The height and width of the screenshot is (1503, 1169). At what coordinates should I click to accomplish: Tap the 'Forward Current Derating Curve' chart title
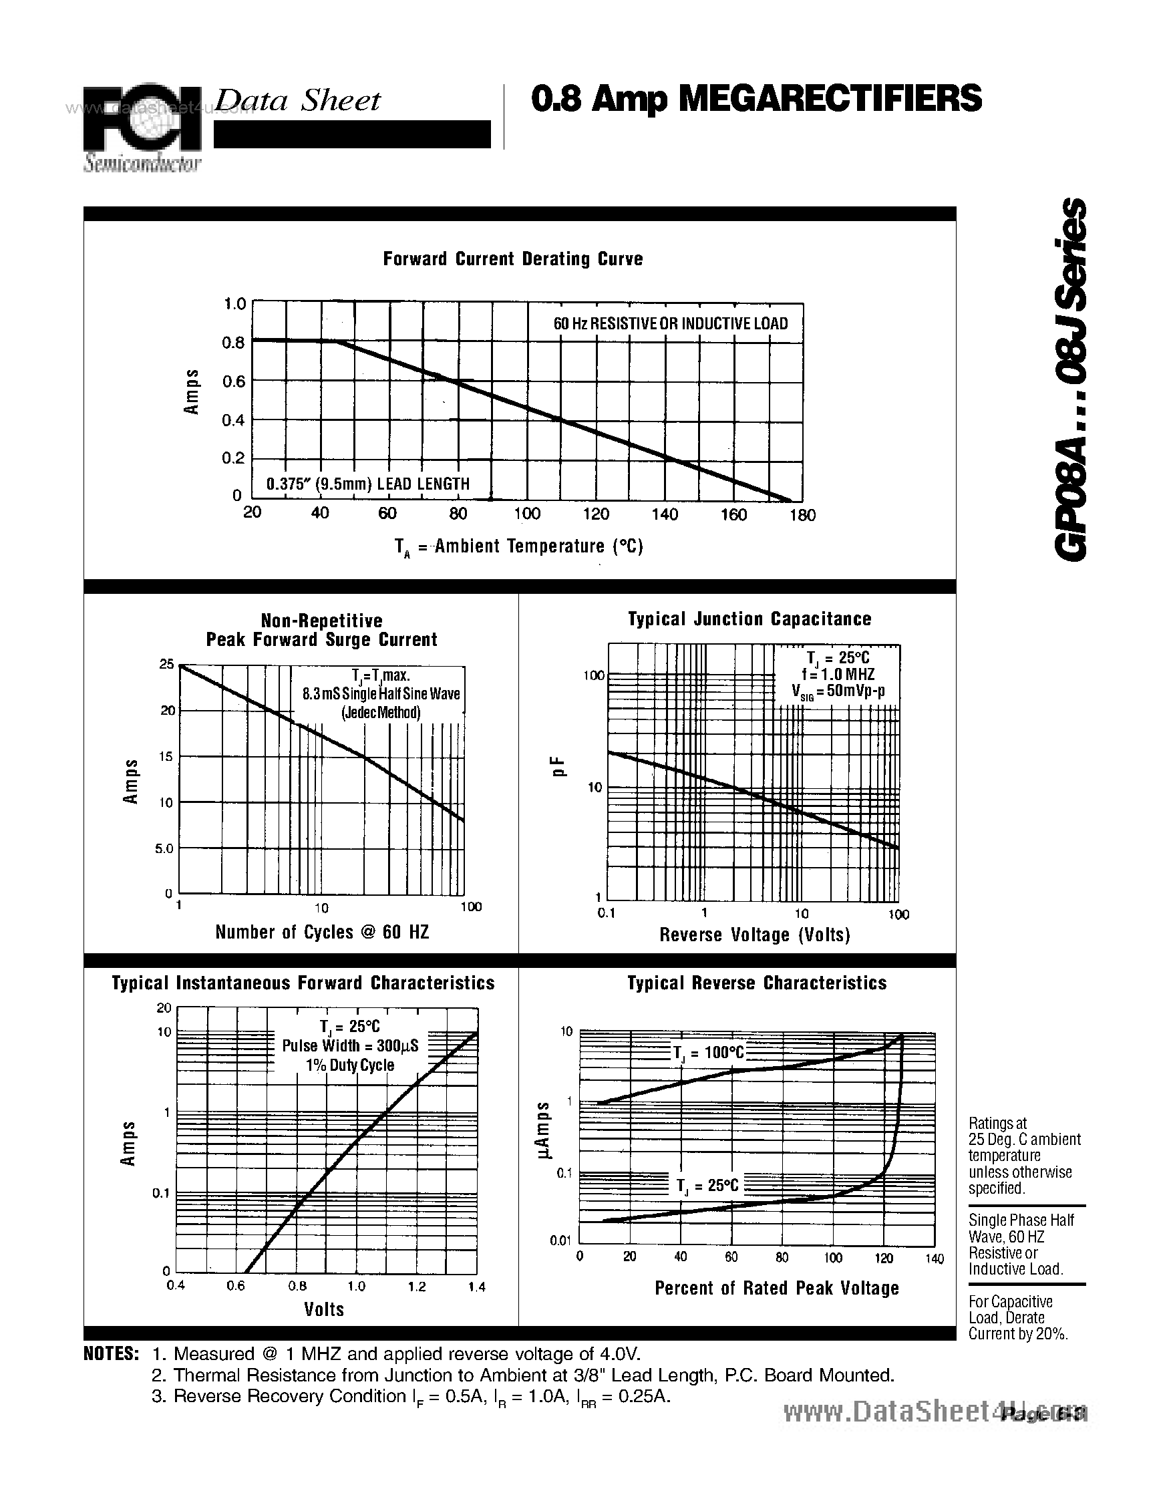point(512,259)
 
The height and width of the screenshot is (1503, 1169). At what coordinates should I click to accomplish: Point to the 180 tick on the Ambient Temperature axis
point(803,515)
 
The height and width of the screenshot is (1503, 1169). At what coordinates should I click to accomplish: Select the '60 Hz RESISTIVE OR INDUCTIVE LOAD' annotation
point(671,323)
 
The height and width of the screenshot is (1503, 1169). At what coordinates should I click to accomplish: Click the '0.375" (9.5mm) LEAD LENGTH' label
point(368,484)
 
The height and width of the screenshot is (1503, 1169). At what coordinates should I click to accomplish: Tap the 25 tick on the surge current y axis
point(166,664)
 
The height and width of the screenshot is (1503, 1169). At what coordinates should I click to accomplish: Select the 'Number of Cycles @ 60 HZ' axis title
point(322,933)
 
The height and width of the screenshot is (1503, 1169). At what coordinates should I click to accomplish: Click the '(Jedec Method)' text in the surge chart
point(381,712)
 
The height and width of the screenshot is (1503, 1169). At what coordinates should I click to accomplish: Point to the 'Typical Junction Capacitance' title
point(749,619)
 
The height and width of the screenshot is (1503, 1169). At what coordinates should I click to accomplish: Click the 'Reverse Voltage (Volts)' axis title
point(755,935)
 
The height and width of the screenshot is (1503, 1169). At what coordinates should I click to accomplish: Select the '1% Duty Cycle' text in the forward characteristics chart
point(350,1065)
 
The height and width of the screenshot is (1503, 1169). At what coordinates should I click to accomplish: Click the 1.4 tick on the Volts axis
point(477,1287)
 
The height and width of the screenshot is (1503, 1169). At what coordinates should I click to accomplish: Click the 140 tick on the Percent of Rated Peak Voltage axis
point(935,1259)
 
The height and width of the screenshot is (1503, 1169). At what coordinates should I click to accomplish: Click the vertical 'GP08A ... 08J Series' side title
point(1070,379)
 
